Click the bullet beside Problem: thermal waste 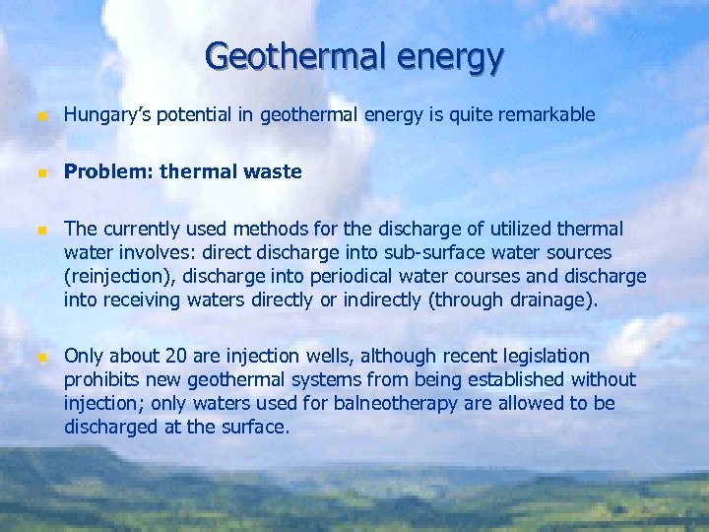click(x=40, y=172)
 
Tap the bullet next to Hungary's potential click(x=40, y=116)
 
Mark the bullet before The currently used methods click(x=40, y=230)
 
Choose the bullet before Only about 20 click(x=40, y=356)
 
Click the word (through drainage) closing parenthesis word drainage click(x=553, y=300)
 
